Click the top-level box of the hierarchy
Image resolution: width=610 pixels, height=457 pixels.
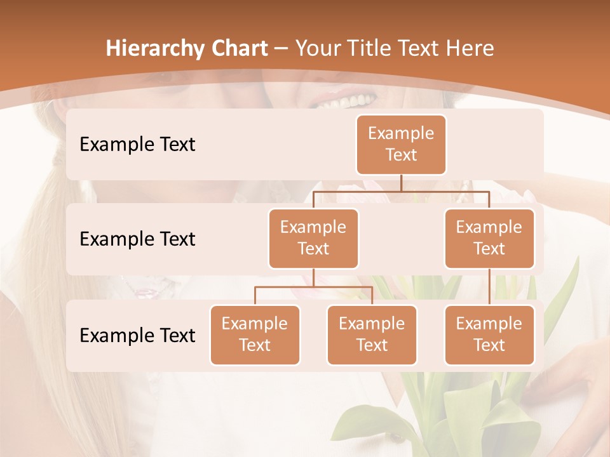pos(401,144)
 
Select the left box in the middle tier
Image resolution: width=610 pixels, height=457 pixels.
pos(313,238)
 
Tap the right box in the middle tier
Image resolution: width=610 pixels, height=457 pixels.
pos(489,238)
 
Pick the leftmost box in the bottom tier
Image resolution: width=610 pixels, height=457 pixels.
pos(255,334)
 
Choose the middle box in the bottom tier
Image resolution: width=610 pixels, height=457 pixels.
pos(372,334)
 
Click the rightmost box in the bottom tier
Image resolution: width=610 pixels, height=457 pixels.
pos(489,334)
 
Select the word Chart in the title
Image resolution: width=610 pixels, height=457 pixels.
pos(237,49)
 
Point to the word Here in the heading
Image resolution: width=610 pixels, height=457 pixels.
pos(470,49)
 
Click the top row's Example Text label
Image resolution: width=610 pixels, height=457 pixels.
pos(137,144)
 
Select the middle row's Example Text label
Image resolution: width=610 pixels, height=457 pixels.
pos(137,239)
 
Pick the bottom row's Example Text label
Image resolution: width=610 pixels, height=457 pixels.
pos(137,335)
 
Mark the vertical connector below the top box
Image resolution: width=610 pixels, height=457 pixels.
pos(401,183)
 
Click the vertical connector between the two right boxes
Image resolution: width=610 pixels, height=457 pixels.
pos(489,287)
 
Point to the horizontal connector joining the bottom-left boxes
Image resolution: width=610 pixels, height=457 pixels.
pos(313,287)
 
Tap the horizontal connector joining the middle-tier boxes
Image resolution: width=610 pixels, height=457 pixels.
pos(401,190)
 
